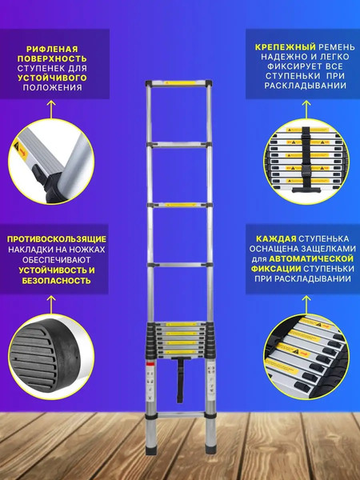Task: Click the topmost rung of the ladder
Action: [179, 82]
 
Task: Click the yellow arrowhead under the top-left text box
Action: [55, 104]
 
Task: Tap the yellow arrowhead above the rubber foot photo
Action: [55, 299]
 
